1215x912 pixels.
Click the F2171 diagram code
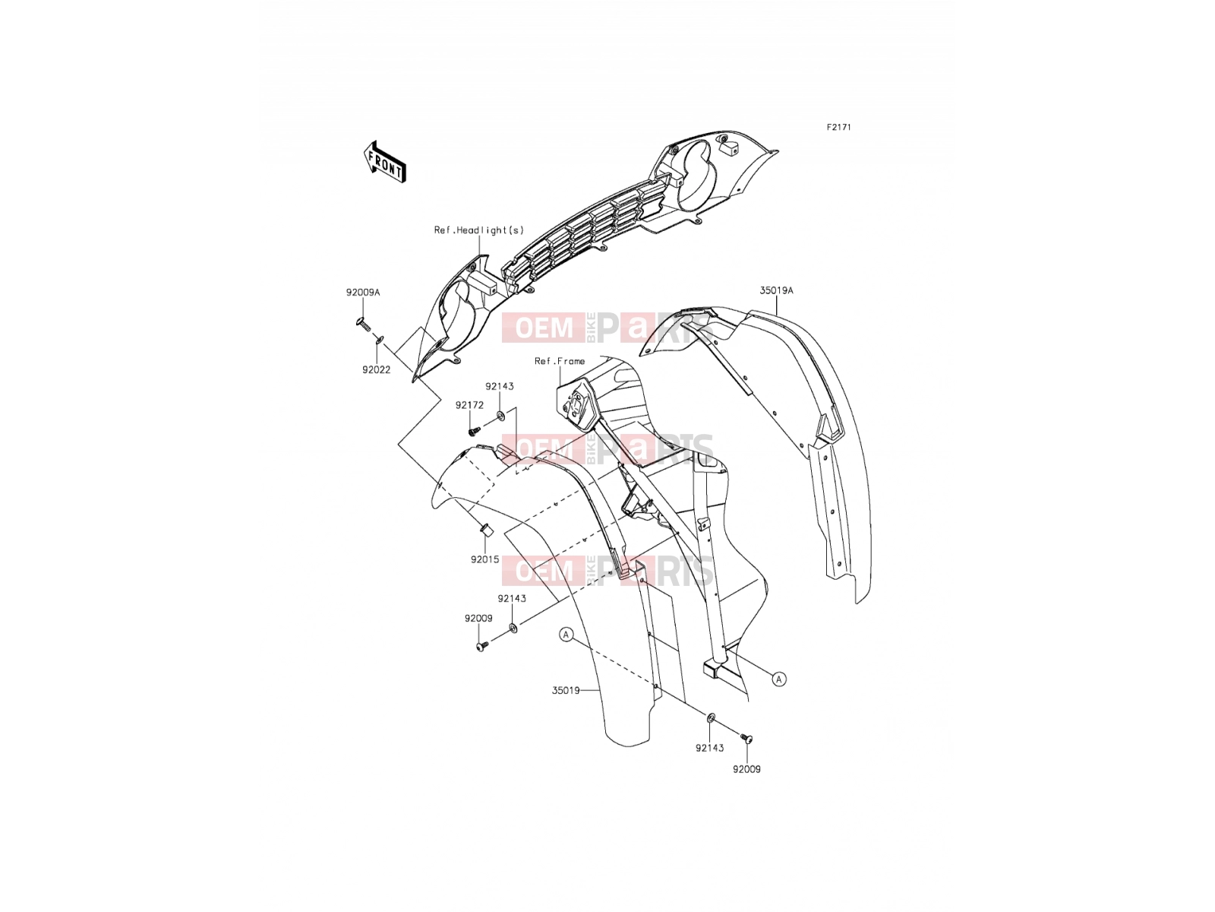(838, 128)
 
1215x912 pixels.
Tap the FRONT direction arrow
(385, 162)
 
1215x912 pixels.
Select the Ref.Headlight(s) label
(479, 230)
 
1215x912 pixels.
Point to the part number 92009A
(363, 293)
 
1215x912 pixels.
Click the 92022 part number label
(377, 370)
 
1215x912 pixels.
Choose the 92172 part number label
(469, 405)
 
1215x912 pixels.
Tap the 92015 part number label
(485, 559)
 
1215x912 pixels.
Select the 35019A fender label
(776, 290)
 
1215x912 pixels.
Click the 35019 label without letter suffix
(566, 691)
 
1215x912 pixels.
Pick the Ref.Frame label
(560, 361)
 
